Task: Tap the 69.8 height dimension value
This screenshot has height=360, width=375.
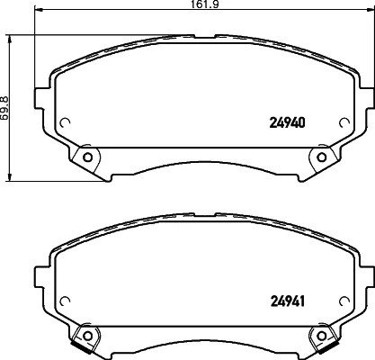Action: [4, 108]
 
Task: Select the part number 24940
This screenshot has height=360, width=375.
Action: [288, 122]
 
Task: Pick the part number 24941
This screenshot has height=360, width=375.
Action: [288, 301]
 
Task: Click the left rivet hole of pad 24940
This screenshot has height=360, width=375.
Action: [87, 157]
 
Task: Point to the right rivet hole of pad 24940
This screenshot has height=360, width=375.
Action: [322, 157]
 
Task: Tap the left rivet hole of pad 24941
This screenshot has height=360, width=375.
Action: [87, 336]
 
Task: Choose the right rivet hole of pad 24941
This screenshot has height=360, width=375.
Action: [322, 336]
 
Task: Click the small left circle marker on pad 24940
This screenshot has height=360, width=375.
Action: [65, 122]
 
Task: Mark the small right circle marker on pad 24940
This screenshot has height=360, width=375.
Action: [344, 122]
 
